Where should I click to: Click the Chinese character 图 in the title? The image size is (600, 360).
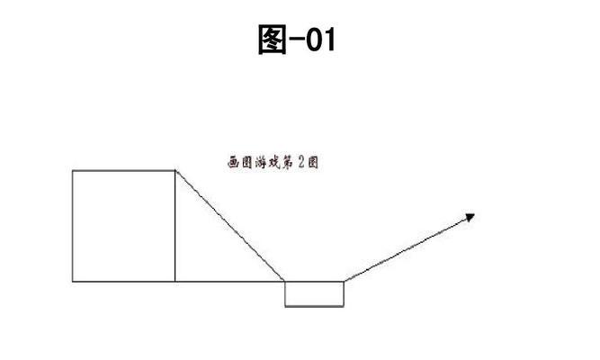coord(273,39)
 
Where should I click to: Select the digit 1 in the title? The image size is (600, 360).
coord(329,40)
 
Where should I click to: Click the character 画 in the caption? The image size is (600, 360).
coord(233,162)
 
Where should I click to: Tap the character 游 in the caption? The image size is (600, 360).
coord(261,162)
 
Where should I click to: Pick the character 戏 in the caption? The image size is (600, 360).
coord(274,162)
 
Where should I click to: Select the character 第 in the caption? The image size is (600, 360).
coord(287,162)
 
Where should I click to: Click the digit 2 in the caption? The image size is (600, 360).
coord(300,162)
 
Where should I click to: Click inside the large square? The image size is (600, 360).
coord(123,226)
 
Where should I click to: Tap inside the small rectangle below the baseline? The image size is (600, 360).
coord(314,294)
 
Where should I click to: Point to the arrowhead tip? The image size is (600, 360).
coord(475,214)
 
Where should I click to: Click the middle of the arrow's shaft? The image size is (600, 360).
coord(409,247)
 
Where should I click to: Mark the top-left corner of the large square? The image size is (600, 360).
coord(72,170)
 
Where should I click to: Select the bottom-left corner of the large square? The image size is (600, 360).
coord(72,282)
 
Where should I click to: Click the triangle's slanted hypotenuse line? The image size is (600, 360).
coord(229,226)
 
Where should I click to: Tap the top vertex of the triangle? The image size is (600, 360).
coord(175,170)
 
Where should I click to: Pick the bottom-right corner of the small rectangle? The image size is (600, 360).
coord(344,306)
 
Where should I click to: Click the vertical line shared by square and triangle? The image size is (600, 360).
coord(175,226)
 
